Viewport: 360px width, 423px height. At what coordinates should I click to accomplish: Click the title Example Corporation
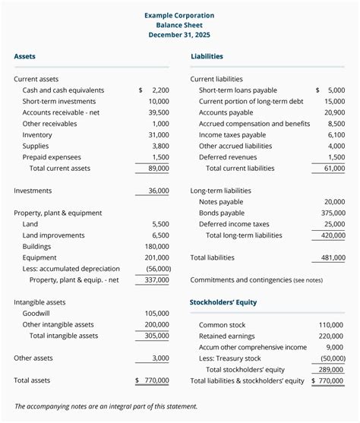[179, 15]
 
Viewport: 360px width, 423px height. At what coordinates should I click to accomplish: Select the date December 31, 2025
[179, 35]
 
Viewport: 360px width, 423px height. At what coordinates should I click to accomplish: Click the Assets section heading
[24, 56]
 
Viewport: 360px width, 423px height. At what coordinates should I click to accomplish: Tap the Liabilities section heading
[207, 56]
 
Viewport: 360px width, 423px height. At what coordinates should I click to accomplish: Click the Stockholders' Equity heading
[223, 302]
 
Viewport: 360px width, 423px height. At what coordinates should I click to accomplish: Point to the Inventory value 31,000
[159, 134]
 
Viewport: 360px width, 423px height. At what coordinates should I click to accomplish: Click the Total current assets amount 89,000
[159, 169]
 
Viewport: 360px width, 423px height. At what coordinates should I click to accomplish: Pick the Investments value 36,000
[159, 191]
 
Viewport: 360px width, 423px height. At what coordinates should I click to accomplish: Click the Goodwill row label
[37, 313]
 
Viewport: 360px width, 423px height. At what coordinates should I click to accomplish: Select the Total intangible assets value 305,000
[156, 336]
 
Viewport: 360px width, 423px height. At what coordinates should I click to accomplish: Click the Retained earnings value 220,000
[330, 336]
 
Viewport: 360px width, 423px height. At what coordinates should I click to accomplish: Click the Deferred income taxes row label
[234, 224]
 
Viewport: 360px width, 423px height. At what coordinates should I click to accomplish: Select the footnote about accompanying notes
[106, 406]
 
